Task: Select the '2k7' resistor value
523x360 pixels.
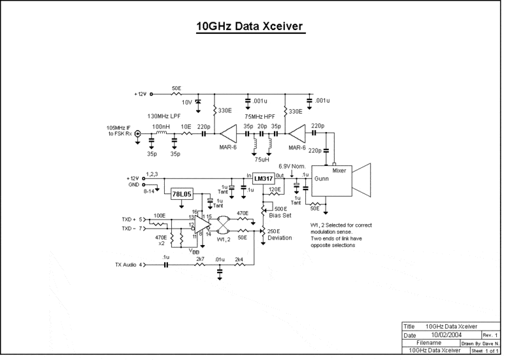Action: [199, 259]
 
